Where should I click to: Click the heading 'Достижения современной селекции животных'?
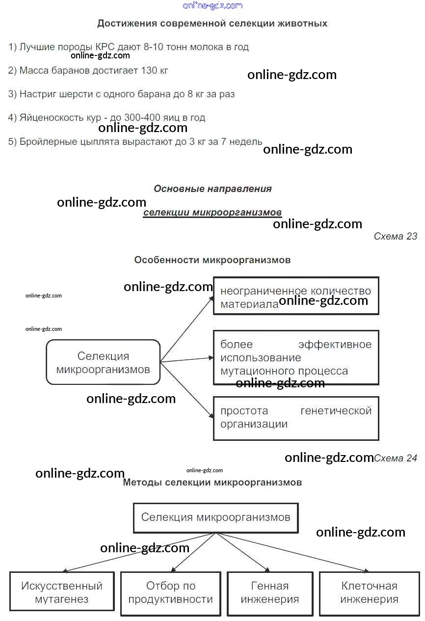pos(212,23)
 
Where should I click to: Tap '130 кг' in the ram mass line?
pos(154,70)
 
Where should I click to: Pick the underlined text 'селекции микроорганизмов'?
pos(212,213)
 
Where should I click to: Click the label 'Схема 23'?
pos(395,236)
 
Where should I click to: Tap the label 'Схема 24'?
pos(396,458)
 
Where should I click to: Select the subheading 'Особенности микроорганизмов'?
pos(212,260)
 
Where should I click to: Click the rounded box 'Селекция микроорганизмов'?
pos(103,362)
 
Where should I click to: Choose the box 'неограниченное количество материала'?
pos(296,296)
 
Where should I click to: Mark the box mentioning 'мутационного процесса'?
pos(296,357)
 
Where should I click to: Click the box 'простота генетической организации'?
pos(296,417)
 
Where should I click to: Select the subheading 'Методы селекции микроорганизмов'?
pos(212,482)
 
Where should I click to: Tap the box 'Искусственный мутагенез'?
pos(62,592)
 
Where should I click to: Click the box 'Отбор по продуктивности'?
pos(170,592)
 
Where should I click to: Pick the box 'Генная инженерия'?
pos(270,592)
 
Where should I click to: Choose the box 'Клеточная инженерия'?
pos(369,592)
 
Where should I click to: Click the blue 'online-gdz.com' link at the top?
pos(212,5)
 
